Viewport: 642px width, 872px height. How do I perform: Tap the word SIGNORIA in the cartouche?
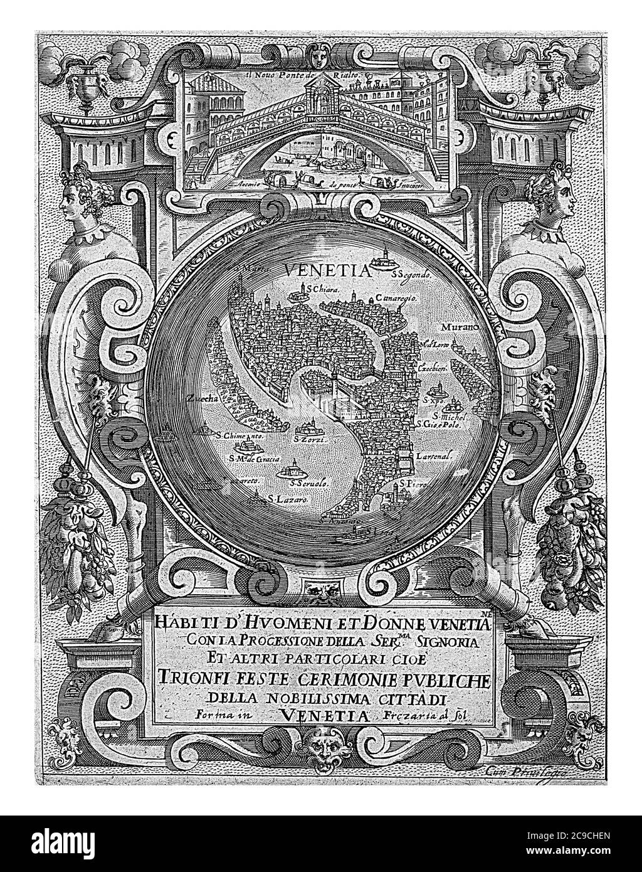[443, 642]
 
